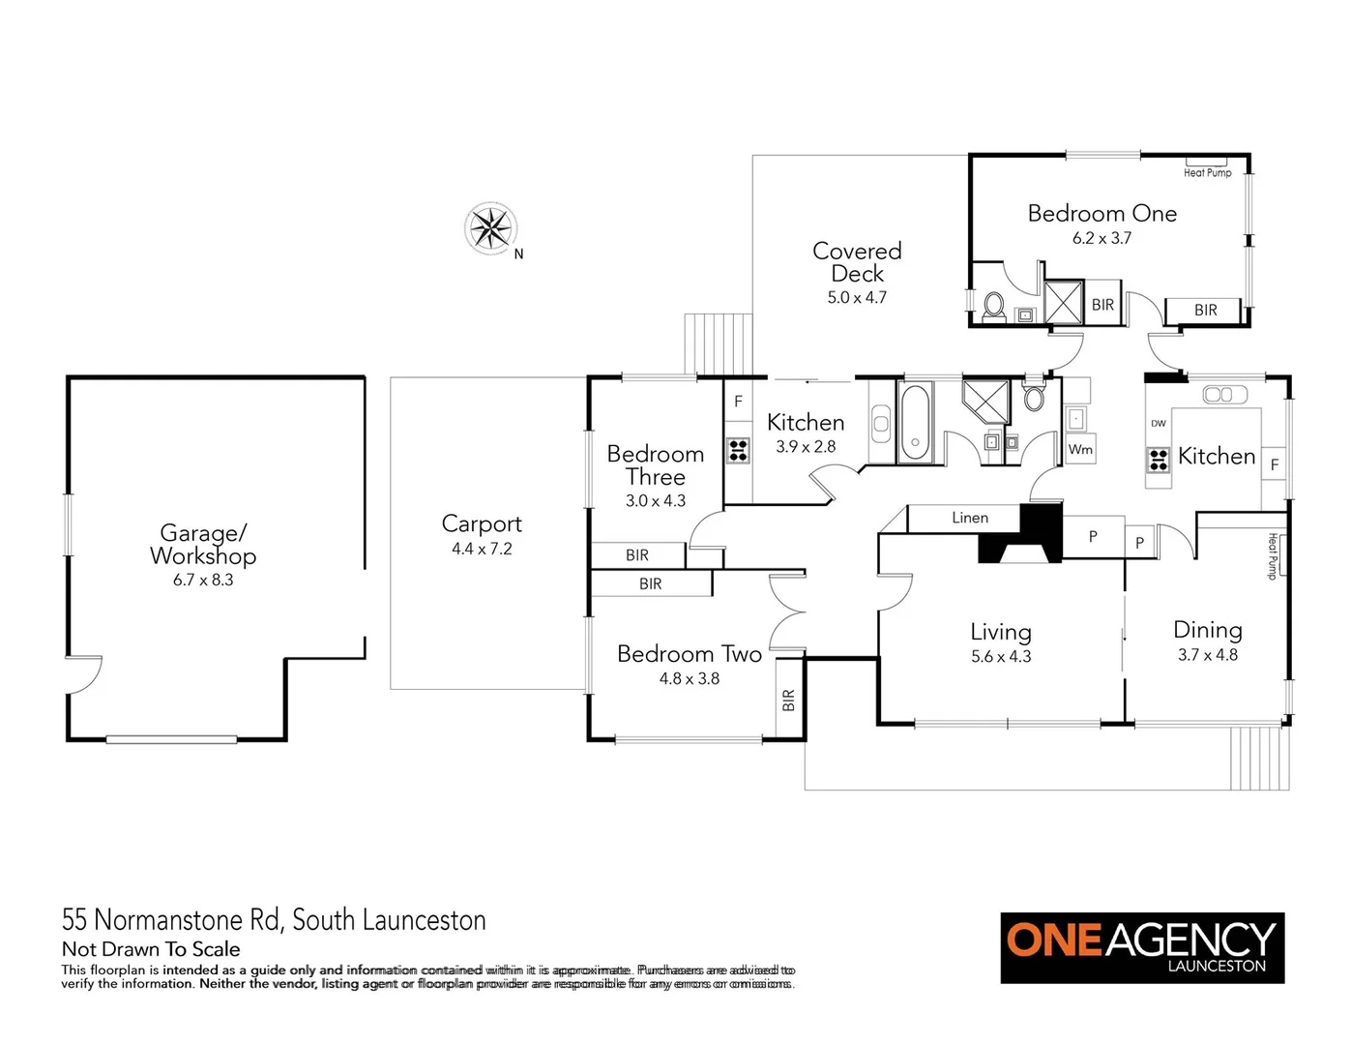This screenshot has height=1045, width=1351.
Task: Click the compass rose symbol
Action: click(x=490, y=229)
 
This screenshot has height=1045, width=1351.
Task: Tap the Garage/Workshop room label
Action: click(x=203, y=544)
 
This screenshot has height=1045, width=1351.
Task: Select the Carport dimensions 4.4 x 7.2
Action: click(x=482, y=549)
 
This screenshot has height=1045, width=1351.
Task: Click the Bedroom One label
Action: click(x=1101, y=214)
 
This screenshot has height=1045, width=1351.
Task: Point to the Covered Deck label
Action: click(x=857, y=262)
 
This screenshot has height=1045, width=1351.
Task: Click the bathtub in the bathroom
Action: click(x=914, y=423)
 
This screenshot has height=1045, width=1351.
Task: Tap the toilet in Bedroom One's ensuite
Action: click(x=993, y=307)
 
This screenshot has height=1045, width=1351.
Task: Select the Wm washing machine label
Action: click(x=1080, y=449)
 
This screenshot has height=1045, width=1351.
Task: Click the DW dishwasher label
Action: click(x=1159, y=424)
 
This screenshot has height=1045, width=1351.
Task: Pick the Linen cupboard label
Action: click(x=969, y=518)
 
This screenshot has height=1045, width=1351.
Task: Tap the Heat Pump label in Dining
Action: click(x=1273, y=555)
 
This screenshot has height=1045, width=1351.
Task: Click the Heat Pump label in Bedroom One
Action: click(x=1207, y=172)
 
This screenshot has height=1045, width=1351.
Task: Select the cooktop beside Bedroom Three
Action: click(x=738, y=450)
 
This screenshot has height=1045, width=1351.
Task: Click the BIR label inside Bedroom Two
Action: click(x=788, y=700)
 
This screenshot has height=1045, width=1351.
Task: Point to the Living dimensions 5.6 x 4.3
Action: click(x=1001, y=656)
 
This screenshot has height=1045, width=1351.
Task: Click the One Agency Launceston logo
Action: click(x=1142, y=947)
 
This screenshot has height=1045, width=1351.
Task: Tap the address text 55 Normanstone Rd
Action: click(x=274, y=919)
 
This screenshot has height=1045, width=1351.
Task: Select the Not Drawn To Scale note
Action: click(x=151, y=949)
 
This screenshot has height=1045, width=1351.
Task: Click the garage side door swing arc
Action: click(x=85, y=675)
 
